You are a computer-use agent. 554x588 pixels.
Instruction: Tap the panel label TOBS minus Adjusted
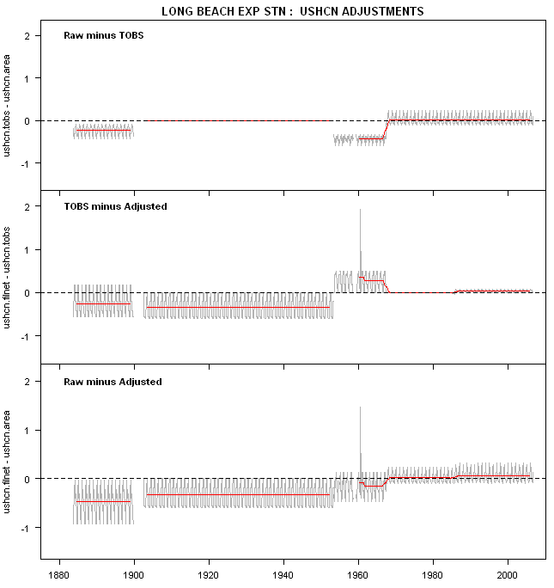(115, 206)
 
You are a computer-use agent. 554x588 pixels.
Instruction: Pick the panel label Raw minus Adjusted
(113, 381)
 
